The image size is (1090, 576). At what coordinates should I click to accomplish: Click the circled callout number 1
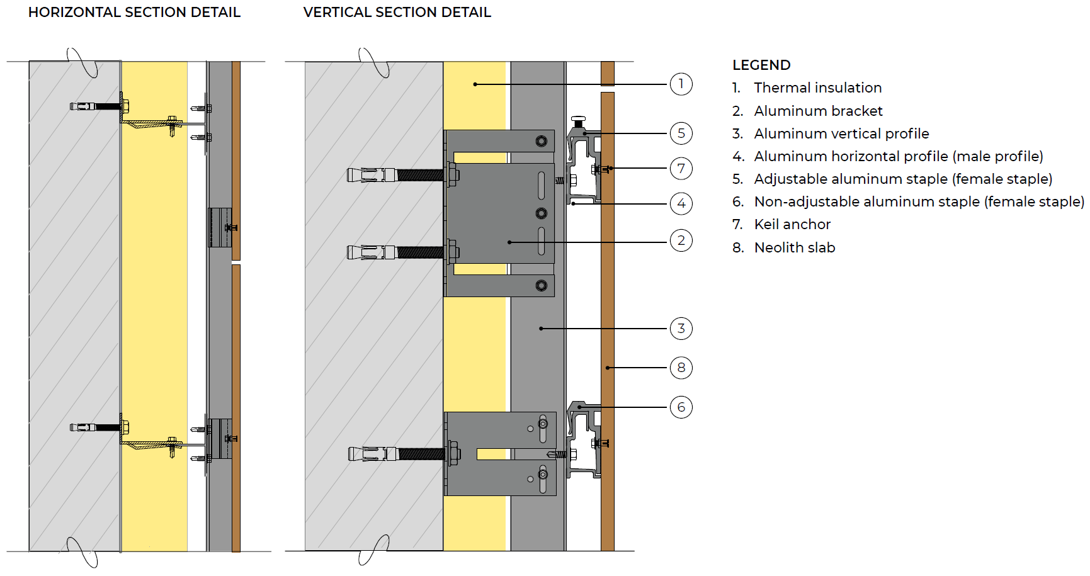(681, 84)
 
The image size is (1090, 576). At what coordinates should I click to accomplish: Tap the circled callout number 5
(681, 133)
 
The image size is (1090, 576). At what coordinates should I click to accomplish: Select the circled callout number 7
(681, 168)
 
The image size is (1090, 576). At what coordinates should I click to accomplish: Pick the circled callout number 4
(681, 203)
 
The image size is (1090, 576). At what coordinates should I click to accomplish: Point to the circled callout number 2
(681, 240)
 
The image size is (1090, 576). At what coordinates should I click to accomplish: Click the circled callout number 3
(681, 328)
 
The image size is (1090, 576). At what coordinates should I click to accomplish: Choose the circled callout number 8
(681, 368)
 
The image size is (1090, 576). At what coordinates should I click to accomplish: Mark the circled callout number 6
(681, 407)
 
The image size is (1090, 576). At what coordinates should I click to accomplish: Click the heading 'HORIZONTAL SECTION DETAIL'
(134, 13)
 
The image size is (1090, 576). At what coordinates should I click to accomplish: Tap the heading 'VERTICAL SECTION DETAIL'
(397, 13)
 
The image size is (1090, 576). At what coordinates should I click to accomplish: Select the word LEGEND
(761, 65)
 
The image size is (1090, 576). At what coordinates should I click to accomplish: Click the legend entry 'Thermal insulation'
(818, 88)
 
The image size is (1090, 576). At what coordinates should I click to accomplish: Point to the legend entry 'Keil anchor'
(792, 224)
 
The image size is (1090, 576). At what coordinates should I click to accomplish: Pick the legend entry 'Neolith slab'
(795, 247)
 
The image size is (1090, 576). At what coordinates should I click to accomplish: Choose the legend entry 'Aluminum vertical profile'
(841, 133)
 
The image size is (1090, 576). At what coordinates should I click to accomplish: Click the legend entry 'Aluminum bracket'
(818, 111)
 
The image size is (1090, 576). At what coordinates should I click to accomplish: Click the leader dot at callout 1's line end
(475, 84)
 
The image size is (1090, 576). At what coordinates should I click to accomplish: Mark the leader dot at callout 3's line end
(541, 328)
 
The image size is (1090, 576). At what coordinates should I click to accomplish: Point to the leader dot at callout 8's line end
(608, 368)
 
